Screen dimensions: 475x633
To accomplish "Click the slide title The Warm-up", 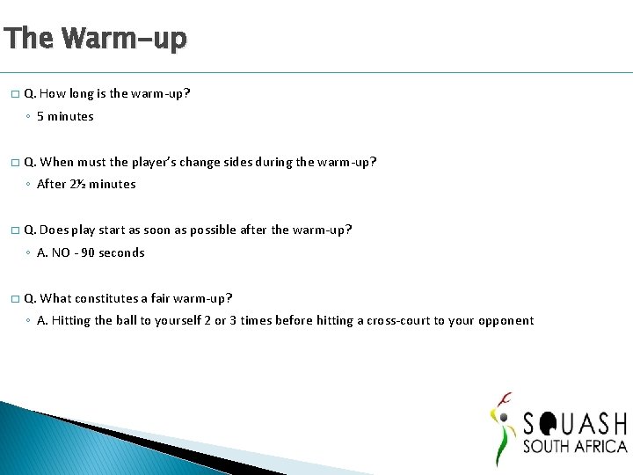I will pyautogui.click(x=95, y=39).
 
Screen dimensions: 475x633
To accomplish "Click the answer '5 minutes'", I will pyautogui.click(x=65, y=117).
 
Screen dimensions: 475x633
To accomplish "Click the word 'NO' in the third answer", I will pyautogui.click(x=61, y=253).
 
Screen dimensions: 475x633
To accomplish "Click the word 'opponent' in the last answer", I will pyautogui.click(x=505, y=321).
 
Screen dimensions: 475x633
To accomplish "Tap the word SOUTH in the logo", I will pyautogui.click(x=549, y=446).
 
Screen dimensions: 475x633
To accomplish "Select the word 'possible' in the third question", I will pyautogui.click(x=207, y=230).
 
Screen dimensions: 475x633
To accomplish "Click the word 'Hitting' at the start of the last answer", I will pyautogui.click(x=70, y=321).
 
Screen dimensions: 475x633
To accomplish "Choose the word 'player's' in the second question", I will pyautogui.click(x=153, y=162).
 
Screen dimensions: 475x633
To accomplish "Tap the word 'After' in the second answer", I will pyautogui.click(x=51, y=185).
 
